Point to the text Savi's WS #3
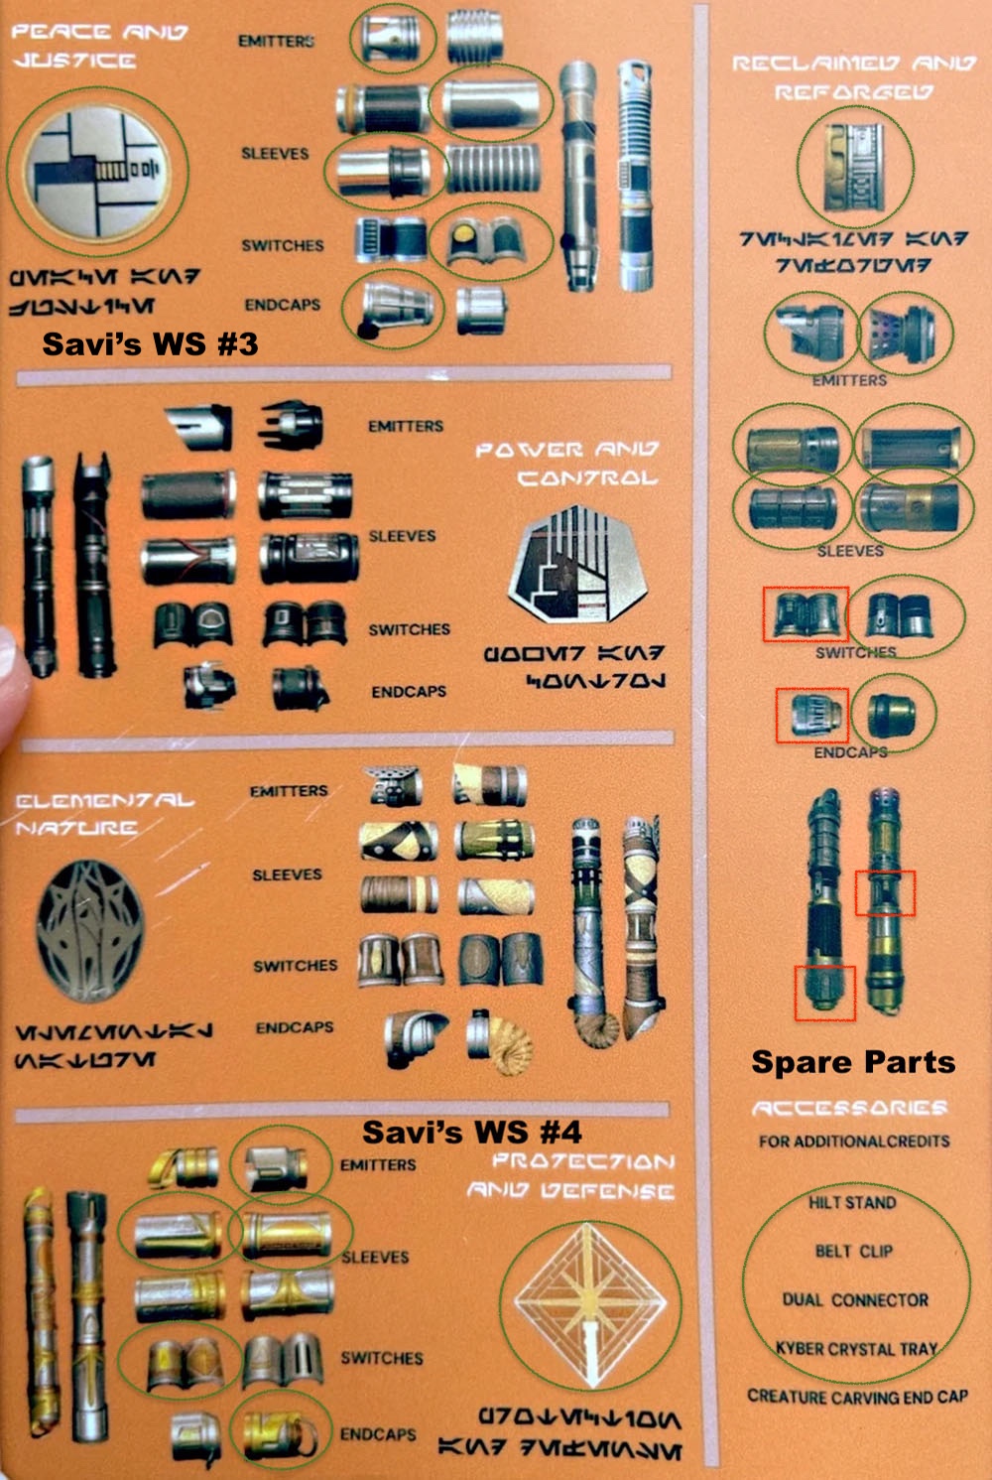click(x=150, y=343)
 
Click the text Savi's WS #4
click(x=471, y=1131)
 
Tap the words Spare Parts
click(x=853, y=1061)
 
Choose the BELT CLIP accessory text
click(x=853, y=1251)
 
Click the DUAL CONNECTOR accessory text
click(x=855, y=1299)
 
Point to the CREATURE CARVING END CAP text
click(x=857, y=1397)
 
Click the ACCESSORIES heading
click(x=849, y=1108)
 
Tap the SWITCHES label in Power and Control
click(x=409, y=629)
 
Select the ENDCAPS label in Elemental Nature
click(x=295, y=1027)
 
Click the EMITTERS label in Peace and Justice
click(x=276, y=41)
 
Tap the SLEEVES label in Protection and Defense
click(x=375, y=1257)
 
